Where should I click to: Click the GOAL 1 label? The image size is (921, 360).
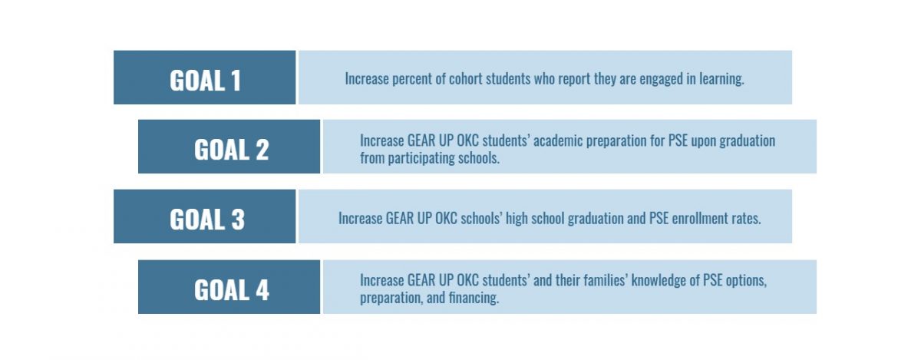pos(205,79)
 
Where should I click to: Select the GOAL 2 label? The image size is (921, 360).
pos(231,148)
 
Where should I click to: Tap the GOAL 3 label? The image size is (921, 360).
pos(206,219)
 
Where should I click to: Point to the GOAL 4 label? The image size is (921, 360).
pos(231,289)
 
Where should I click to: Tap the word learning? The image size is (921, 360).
pos(721,78)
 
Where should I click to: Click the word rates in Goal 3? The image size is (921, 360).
pos(745,218)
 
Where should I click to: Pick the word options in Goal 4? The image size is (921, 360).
pos(744,280)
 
